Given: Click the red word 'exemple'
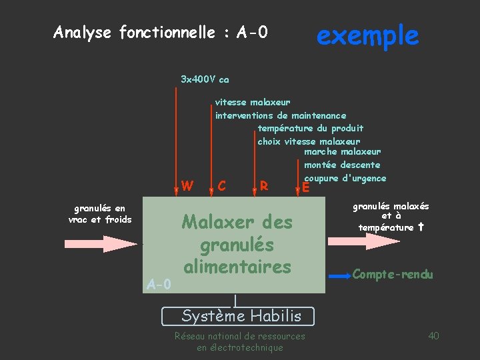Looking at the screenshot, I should tap(367, 35).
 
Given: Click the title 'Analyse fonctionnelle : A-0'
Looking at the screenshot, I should tap(160, 32).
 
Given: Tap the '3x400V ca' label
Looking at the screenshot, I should tap(205, 79).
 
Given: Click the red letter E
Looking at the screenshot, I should tap(305, 187).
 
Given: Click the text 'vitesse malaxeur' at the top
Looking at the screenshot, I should tap(252, 102).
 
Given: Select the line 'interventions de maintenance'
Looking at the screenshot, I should tap(280, 115).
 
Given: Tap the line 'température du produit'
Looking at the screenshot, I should tap(310, 128).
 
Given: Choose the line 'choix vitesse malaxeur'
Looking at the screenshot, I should tap(309, 141).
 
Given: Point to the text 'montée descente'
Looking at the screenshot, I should tap(342, 165).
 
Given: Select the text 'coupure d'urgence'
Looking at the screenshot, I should tap(345, 178).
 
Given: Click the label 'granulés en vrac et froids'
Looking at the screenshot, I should tap(99, 214).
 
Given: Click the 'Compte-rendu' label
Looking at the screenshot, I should tap(393, 274).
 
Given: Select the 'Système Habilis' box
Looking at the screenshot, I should tap(241, 315).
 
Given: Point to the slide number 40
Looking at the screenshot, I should tap(433, 335).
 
